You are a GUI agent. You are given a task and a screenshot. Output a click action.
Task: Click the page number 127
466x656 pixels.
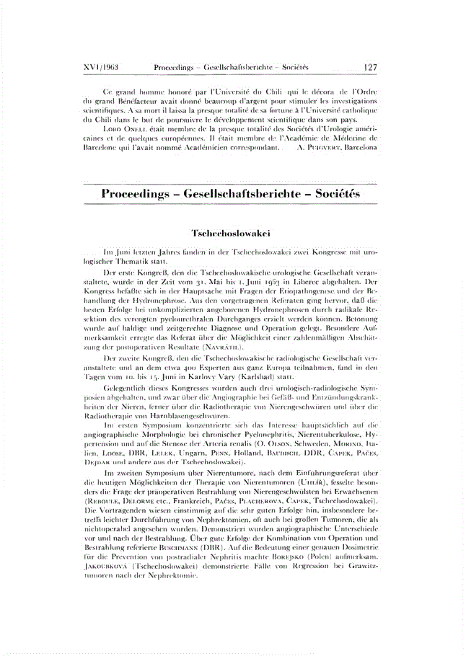tap(371, 67)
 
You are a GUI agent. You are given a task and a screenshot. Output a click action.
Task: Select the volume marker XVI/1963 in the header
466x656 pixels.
tap(101, 67)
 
